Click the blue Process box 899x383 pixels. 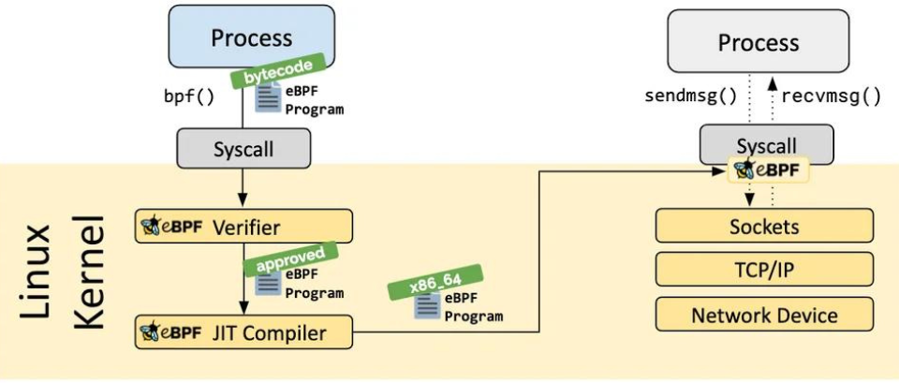(251, 37)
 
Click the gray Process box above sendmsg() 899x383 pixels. (758, 41)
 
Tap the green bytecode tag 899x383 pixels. (277, 71)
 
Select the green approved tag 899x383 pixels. (290, 258)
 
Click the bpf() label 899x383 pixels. (188, 96)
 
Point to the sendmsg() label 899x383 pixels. (690, 96)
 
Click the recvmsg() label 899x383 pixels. (831, 96)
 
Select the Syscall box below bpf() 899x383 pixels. (243, 148)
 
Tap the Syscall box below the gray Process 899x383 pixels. (768, 144)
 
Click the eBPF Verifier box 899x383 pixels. (243, 227)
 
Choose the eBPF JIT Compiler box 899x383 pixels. (243, 331)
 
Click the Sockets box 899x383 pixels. (764, 226)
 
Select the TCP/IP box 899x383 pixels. (764, 270)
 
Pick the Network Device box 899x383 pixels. (764, 315)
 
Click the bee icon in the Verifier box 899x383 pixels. (150, 227)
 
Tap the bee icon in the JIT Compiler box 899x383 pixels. (150, 331)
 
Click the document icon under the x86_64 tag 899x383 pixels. (427, 306)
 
